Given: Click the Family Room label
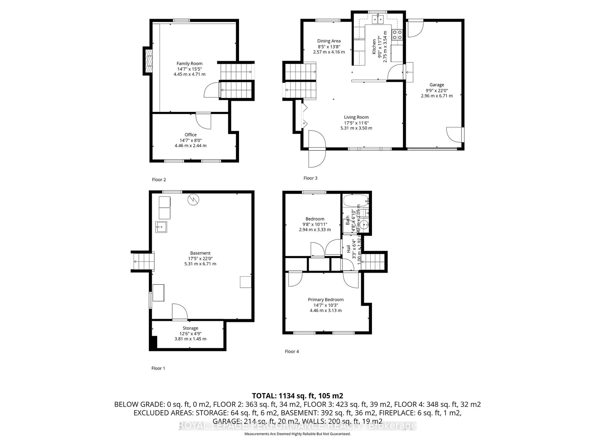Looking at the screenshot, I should pyautogui.click(x=189, y=63).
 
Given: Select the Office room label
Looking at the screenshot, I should pyautogui.click(x=190, y=135).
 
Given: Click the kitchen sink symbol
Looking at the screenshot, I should pyautogui.click(x=378, y=20).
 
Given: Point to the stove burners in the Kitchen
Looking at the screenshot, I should pyautogui.click(x=397, y=34).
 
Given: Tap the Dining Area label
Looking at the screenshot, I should pyautogui.click(x=329, y=41).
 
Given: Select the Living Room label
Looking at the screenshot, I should pyautogui.click(x=356, y=117).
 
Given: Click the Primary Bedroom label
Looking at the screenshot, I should pyautogui.click(x=326, y=300).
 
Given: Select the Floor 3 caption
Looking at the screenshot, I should pyautogui.click(x=310, y=178).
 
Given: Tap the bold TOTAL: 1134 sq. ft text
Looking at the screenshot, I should pyautogui.click(x=297, y=396).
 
